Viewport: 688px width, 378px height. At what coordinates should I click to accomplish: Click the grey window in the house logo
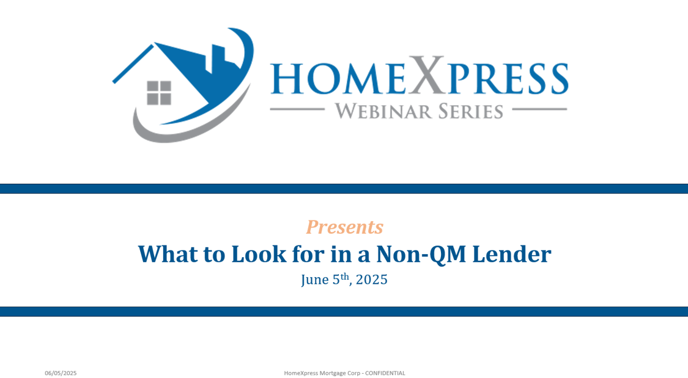coord(159,93)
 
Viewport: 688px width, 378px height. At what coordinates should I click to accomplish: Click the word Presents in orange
coord(344,227)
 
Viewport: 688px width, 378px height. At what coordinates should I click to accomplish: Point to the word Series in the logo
coord(470,111)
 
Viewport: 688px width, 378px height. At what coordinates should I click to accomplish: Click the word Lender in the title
coord(512,254)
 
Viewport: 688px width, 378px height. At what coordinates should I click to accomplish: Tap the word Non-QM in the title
coord(421,255)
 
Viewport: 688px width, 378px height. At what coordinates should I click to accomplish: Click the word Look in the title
coord(259,254)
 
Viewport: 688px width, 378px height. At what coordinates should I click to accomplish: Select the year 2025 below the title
coord(372,280)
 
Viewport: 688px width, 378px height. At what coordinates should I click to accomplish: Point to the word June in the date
coord(314,280)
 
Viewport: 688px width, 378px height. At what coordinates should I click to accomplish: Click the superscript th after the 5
coord(345,277)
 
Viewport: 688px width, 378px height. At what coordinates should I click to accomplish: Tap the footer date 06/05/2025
coord(61,373)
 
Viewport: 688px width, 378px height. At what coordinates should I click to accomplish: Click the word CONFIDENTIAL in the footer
coord(385,373)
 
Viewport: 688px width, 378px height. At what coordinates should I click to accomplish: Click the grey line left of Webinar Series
coord(297,109)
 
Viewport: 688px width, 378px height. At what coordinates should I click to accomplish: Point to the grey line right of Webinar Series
coord(539,109)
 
